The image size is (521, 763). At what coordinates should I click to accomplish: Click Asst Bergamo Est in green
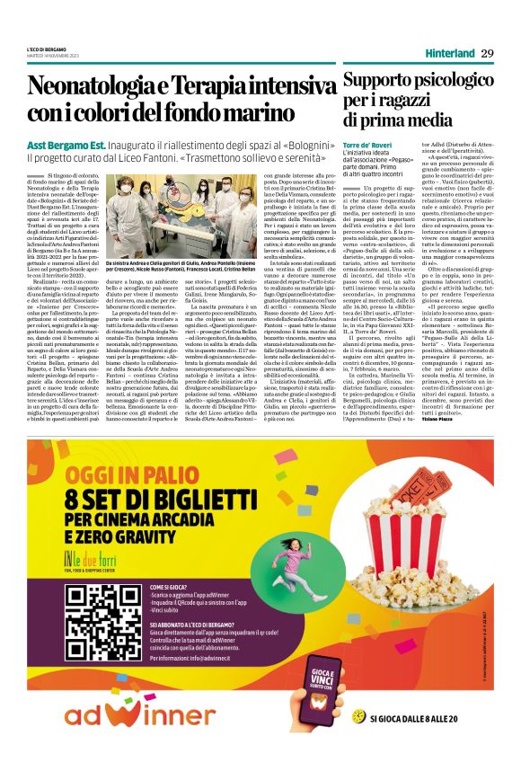62,145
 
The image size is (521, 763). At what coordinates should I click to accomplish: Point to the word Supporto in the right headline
377,81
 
